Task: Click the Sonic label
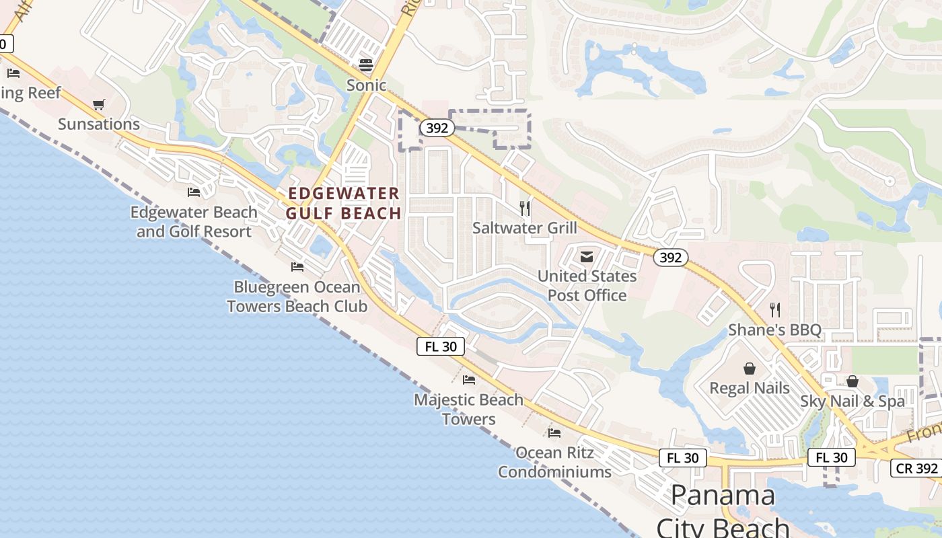coord(366,85)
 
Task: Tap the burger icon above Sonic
coord(366,65)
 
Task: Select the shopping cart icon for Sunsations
coord(99,104)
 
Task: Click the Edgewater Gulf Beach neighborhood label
coord(344,203)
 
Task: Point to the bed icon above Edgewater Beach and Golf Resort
coord(194,192)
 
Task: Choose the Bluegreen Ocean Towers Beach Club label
coord(297,297)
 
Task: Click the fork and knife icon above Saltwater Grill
coord(525,208)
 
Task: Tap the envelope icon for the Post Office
coord(587,256)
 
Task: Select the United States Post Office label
coord(587,285)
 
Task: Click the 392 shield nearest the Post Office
coord(670,257)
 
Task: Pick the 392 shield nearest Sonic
coord(437,128)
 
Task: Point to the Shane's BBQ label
coord(775,330)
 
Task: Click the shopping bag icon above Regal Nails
coord(750,369)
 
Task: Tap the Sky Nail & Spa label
coord(853,401)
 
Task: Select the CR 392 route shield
coord(916,468)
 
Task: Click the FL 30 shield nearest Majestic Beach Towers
coord(441,346)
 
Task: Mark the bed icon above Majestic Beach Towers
coord(469,380)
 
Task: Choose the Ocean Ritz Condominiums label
coord(554,462)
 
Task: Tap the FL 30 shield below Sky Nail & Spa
coord(831,457)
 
